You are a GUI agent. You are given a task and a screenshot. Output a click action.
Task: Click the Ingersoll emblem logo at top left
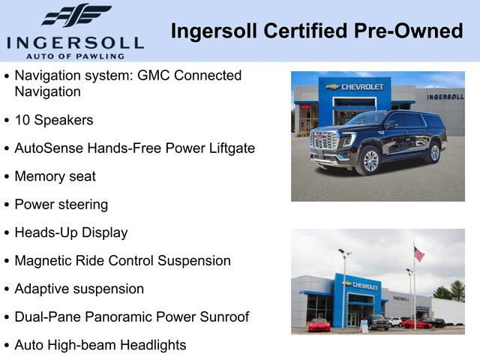click(x=76, y=16)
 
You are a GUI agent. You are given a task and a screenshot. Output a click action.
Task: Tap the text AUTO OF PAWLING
click(x=74, y=55)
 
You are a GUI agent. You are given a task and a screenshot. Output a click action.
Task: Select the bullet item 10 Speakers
click(x=54, y=120)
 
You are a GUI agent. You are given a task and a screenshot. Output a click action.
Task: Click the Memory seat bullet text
click(x=55, y=176)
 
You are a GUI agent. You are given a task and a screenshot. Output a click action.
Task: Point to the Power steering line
click(x=61, y=204)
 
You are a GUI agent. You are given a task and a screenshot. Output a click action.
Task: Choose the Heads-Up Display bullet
click(x=71, y=232)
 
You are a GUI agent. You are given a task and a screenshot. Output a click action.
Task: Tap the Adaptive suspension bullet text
click(x=79, y=289)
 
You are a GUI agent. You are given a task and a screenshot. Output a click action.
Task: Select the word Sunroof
click(x=223, y=317)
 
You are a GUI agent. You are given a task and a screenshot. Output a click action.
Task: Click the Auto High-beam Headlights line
click(x=100, y=345)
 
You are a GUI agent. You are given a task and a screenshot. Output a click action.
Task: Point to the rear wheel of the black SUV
click(x=433, y=153)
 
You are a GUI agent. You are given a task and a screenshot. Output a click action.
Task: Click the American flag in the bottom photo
click(x=418, y=253)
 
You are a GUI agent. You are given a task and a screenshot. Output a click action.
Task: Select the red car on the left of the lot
click(x=319, y=324)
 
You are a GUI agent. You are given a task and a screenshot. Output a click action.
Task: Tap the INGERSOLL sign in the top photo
click(x=445, y=97)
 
